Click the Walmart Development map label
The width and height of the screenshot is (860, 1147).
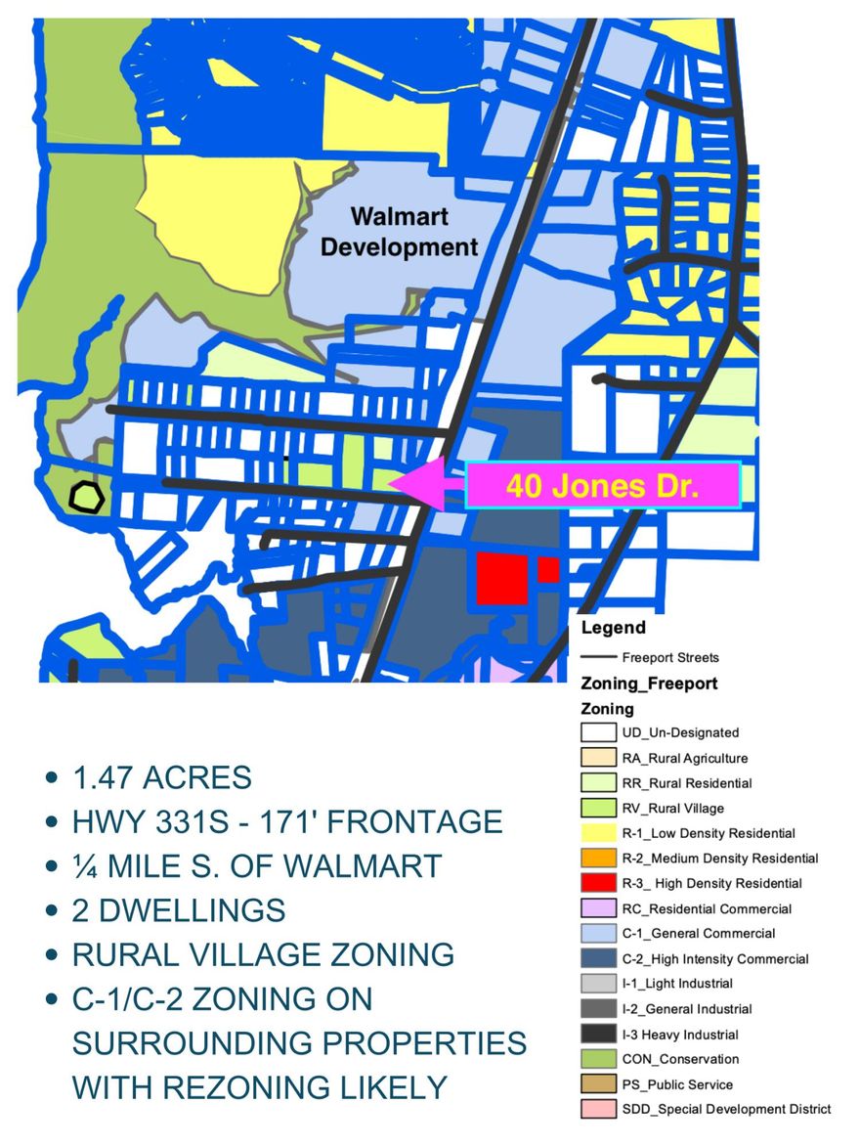(399, 231)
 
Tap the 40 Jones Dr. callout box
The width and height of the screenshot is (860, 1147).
(602, 486)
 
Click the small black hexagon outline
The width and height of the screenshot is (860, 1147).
(87, 496)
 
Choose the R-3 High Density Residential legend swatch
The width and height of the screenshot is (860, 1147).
(597, 884)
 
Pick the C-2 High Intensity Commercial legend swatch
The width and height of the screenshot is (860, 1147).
(597, 959)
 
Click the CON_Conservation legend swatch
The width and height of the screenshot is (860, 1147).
(597, 1059)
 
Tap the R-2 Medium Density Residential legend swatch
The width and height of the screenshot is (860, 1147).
(597, 859)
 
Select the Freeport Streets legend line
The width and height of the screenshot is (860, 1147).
(598, 657)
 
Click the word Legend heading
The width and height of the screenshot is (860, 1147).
(613, 628)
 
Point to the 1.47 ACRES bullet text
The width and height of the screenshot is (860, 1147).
(161, 777)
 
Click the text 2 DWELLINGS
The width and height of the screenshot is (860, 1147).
(179, 910)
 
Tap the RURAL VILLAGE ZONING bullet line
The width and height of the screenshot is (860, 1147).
(263, 954)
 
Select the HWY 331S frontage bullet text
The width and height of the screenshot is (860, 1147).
(287, 821)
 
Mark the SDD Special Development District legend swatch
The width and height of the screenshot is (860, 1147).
(597, 1110)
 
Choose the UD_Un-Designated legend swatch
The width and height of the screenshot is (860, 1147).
(597, 732)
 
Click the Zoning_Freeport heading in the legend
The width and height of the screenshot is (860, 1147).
(649, 684)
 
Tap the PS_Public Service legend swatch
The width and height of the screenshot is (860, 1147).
(597, 1084)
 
